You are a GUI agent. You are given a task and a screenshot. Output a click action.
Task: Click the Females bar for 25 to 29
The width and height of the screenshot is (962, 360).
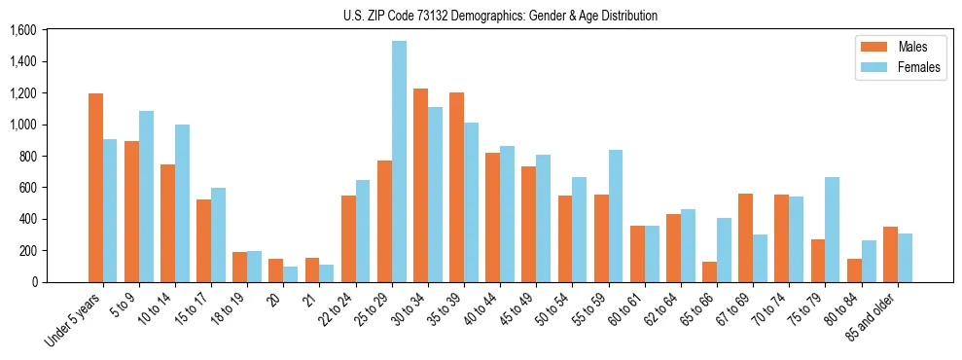[399, 162]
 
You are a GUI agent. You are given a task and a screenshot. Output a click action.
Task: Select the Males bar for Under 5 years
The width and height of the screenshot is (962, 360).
[95, 188]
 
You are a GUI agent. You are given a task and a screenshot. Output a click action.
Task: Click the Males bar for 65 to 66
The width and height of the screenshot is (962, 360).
[709, 271]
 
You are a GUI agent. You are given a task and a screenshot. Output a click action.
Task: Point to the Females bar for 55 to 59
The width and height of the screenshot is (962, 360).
[616, 216]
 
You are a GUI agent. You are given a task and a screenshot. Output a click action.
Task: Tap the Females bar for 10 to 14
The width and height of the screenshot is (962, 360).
[182, 203]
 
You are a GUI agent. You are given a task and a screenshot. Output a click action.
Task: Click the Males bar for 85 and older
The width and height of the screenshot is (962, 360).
[890, 254]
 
